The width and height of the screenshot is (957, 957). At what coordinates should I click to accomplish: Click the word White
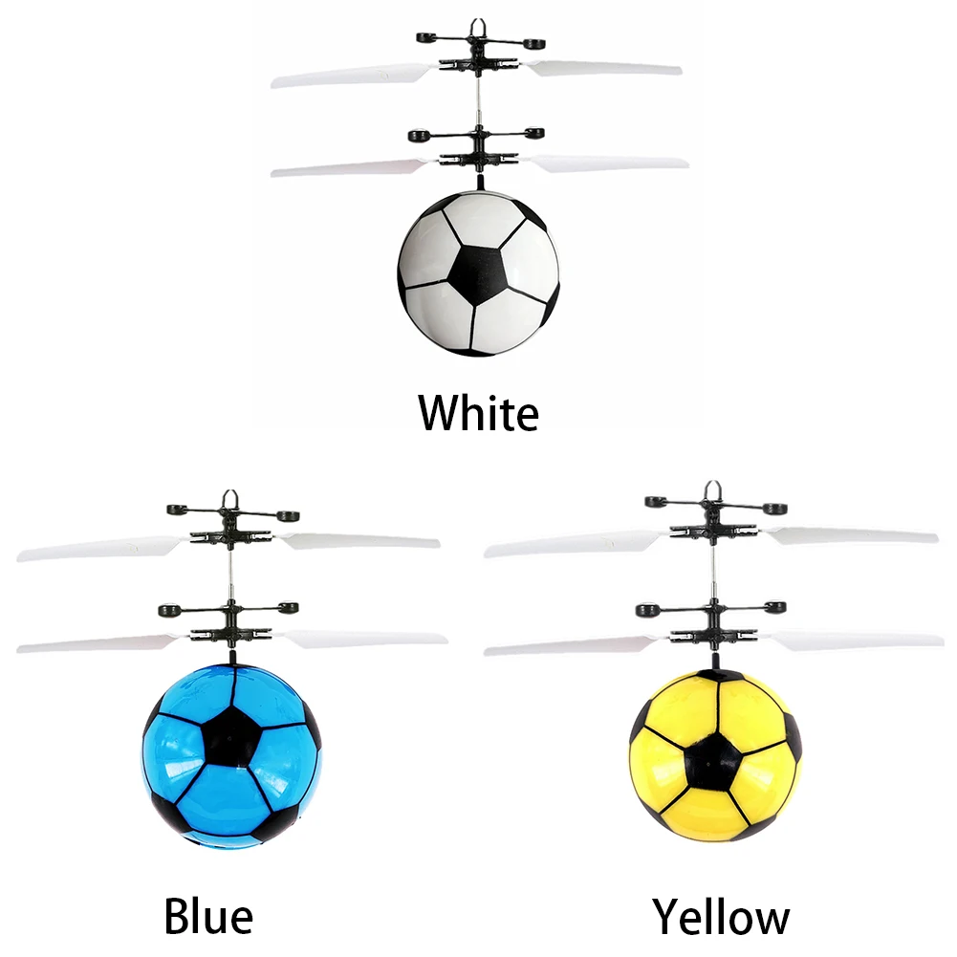(478, 413)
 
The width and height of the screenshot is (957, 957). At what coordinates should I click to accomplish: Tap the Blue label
(208, 916)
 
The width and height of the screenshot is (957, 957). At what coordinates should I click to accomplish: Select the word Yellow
(721, 917)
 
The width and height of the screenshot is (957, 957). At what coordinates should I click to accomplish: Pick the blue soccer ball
(231, 756)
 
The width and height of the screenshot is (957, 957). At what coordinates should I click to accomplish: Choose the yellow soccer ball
(715, 756)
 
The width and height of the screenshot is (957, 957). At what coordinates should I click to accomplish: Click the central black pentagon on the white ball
(478, 274)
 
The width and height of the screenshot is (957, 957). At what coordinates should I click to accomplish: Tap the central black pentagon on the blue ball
(231, 737)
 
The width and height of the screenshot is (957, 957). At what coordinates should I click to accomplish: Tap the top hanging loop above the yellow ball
(713, 489)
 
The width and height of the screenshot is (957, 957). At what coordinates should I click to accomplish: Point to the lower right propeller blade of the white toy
(607, 163)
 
